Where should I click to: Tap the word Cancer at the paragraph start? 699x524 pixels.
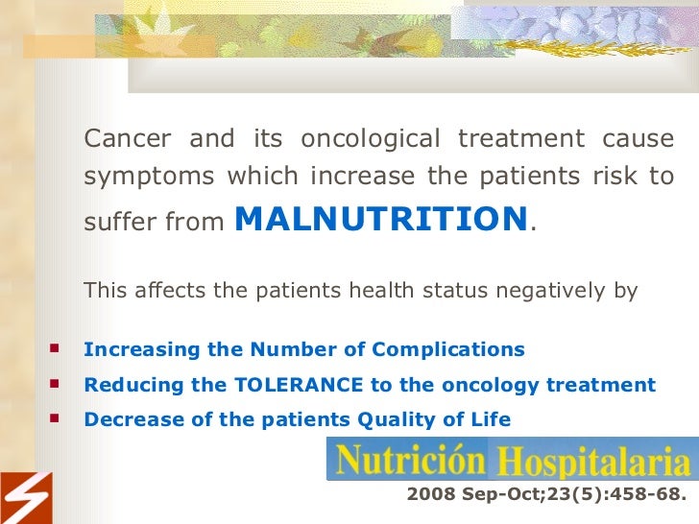(x=129, y=139)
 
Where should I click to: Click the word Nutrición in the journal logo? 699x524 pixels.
(x=407, y=461)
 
